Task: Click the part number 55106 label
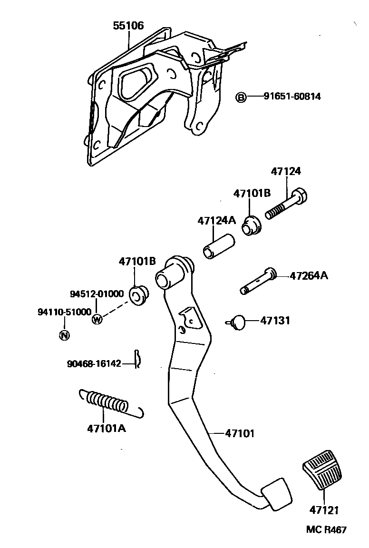pyautogui.click(x=128, y=26)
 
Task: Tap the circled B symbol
pyautogui.click(x=242, y=98)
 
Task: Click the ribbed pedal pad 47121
pyautogui.click(x=322, y=473)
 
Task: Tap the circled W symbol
pyautogui.click(x=97, y=319)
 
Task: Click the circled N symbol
pyautogui.click(x=64, y=335)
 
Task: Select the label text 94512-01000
pyautogui.click(x=97, y=294)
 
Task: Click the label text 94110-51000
pyautogui.click(x=64, y=312)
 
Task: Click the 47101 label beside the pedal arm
pyautogui.click(x=240, y=433)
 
